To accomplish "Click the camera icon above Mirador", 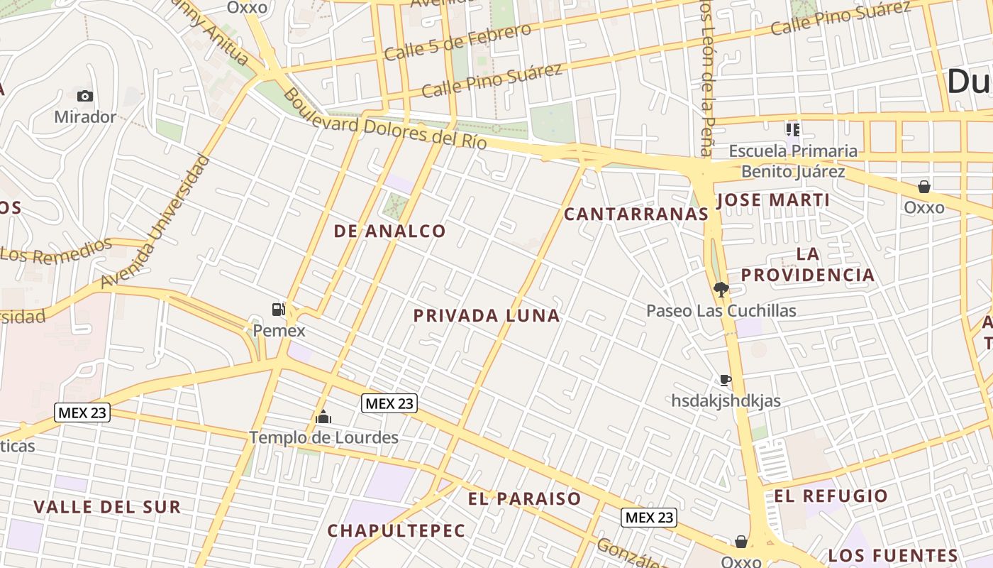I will tap(85, 96).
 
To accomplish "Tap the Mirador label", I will tap(85, 117).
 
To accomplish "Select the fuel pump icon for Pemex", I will tap(279, 309).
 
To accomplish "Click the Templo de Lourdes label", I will tap(323, 437).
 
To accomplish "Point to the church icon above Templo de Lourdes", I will tap(323, 417).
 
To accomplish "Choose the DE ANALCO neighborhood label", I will tap(390, 231).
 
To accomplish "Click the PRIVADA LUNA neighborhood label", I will tap(487, 316).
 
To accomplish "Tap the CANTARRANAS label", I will tap(636, 214).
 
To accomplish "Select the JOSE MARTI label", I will tap(773, 200).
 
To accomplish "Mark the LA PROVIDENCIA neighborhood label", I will tap(808, 264).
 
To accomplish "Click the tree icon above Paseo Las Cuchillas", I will tap(721, 289).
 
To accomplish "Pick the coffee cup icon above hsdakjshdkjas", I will tap(725, 380).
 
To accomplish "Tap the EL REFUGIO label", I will tap(831, 496).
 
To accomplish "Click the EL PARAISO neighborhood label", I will tap(525, 499).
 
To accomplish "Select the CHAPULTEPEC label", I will tap(396, 530).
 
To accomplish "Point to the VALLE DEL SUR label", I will tap(107, 507).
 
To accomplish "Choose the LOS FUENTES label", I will tap(893, 555).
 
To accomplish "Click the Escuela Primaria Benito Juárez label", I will tap(793, 161).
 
